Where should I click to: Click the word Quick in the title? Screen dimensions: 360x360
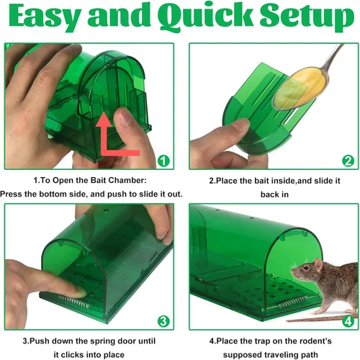pyautogui.click(x=204, y=17)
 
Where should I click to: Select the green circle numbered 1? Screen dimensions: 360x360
pyautogui.click(x=163, y=161)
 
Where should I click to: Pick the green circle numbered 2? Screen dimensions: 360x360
pyautogui.click(x=348, y=161)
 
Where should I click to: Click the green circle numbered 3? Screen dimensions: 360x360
pyautogui.click(x=163, y=321)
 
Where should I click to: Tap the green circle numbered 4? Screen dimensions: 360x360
pyautogui.click(x=348, y=321)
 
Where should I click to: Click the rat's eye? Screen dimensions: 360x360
pyautogui.click(x=306, y=267)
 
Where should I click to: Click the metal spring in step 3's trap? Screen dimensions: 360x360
pyautogui.click(x=74, y=302)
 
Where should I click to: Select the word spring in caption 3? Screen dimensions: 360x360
pyautogui.click(x=107, y=341)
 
